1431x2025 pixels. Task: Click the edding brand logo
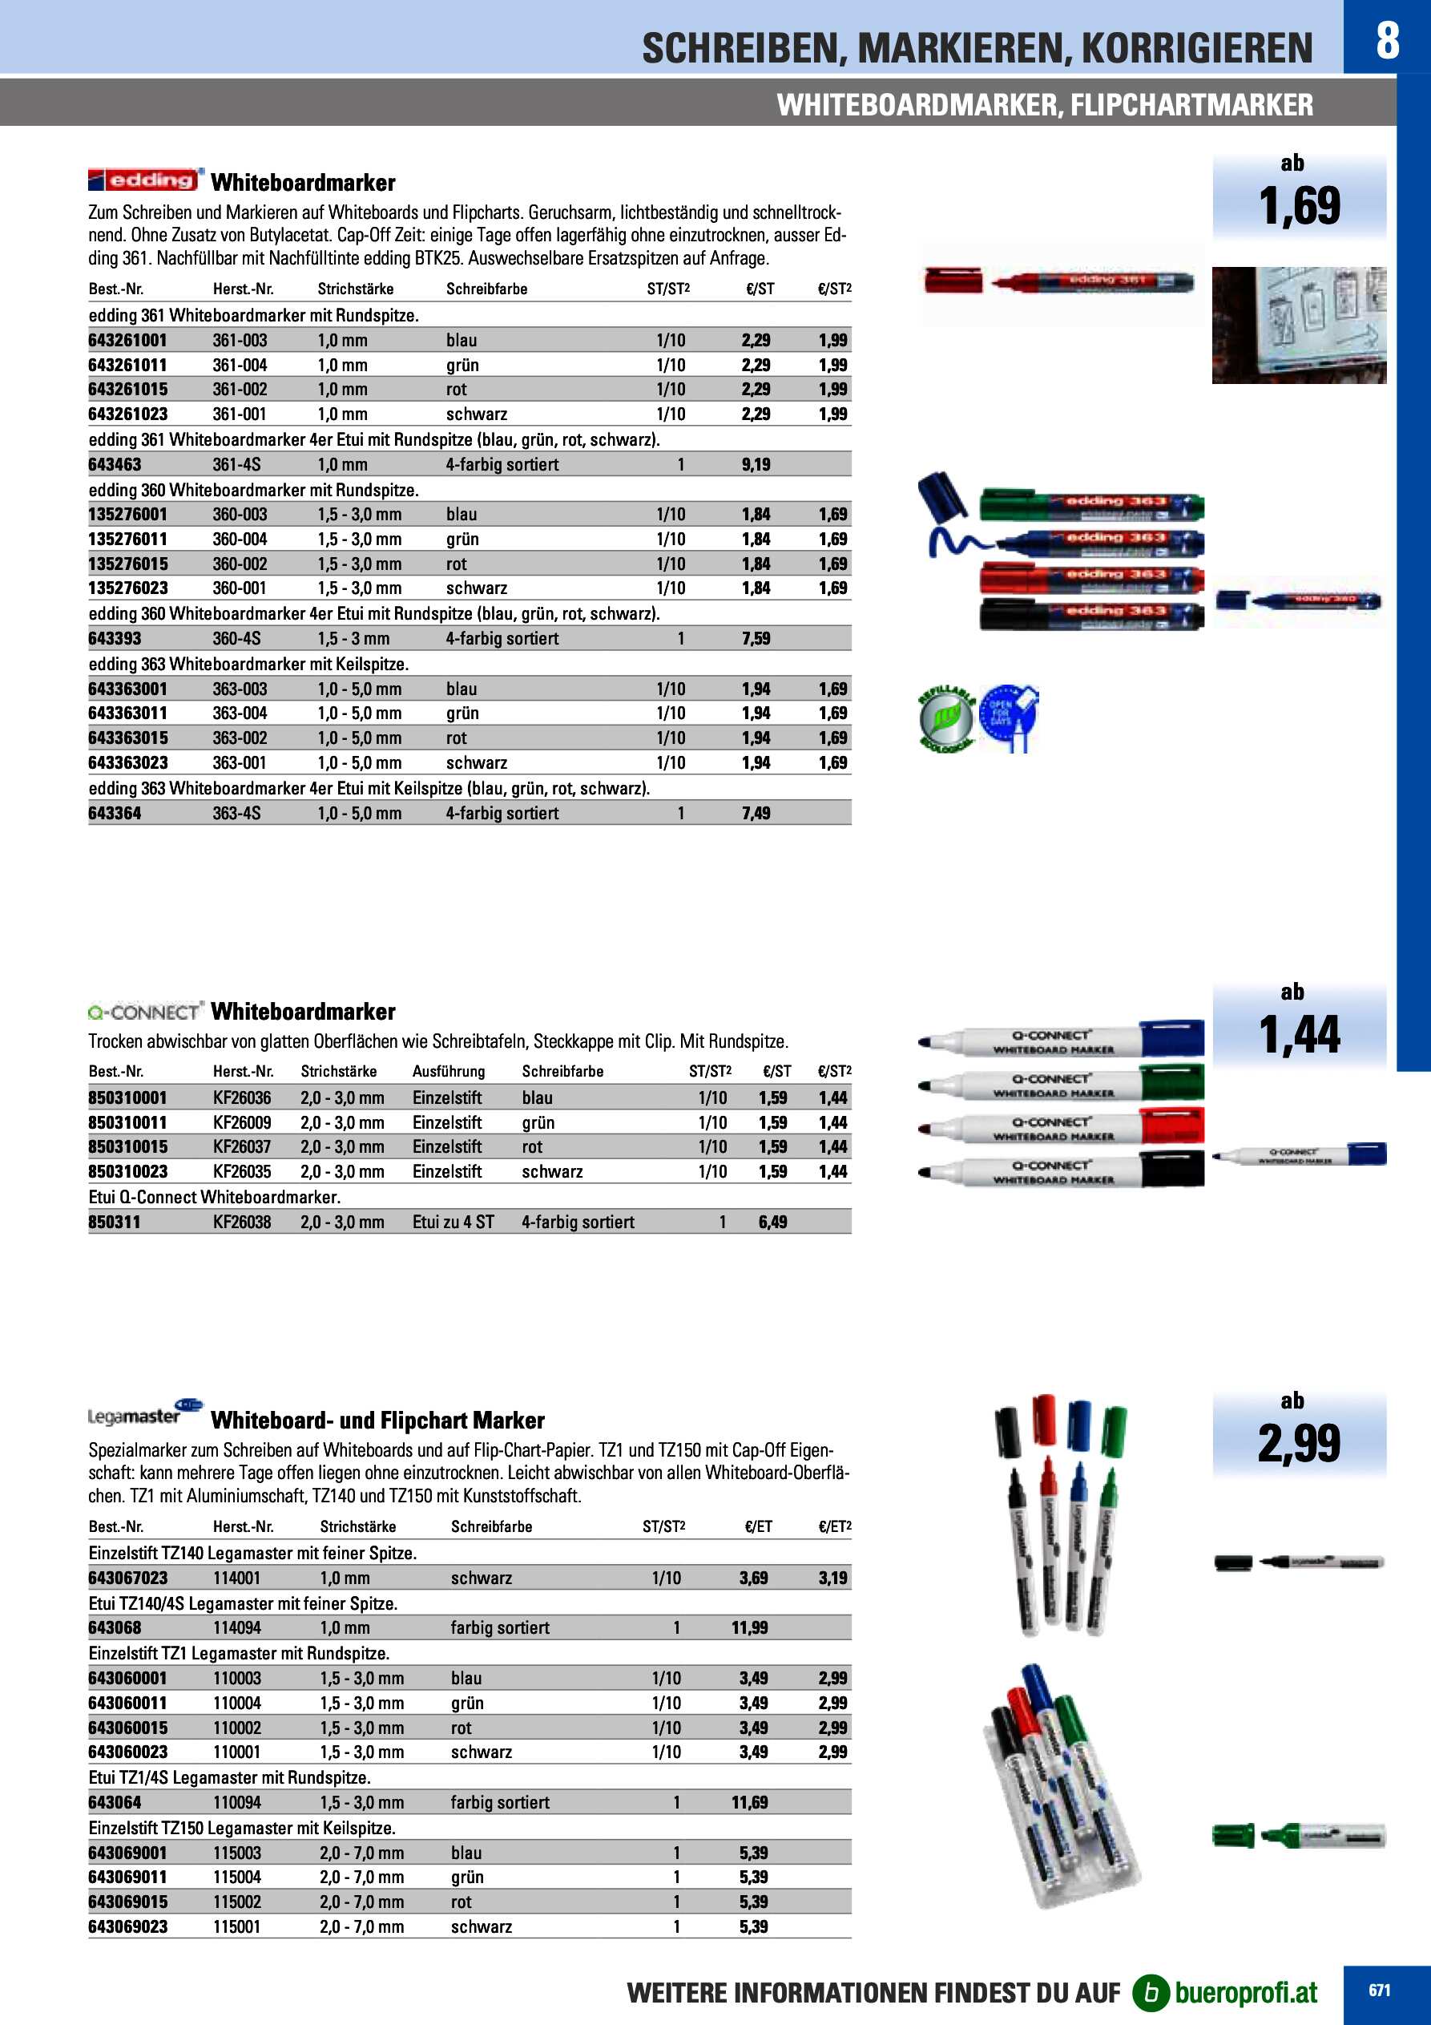146,180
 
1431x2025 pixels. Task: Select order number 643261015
128,390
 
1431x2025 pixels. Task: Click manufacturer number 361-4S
236,465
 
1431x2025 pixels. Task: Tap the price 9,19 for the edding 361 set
756,465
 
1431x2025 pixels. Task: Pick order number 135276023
128,588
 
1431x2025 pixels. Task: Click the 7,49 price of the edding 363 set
756,813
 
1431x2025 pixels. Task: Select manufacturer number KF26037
242,1147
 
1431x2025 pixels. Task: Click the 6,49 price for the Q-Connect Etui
772,1223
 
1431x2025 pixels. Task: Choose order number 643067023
128,1578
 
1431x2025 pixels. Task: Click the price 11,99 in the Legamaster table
749,1628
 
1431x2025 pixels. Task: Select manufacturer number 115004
236,1877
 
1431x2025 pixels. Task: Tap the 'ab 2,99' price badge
1299,1433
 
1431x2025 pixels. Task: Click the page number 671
1379,1990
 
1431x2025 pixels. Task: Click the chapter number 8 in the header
1387,40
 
